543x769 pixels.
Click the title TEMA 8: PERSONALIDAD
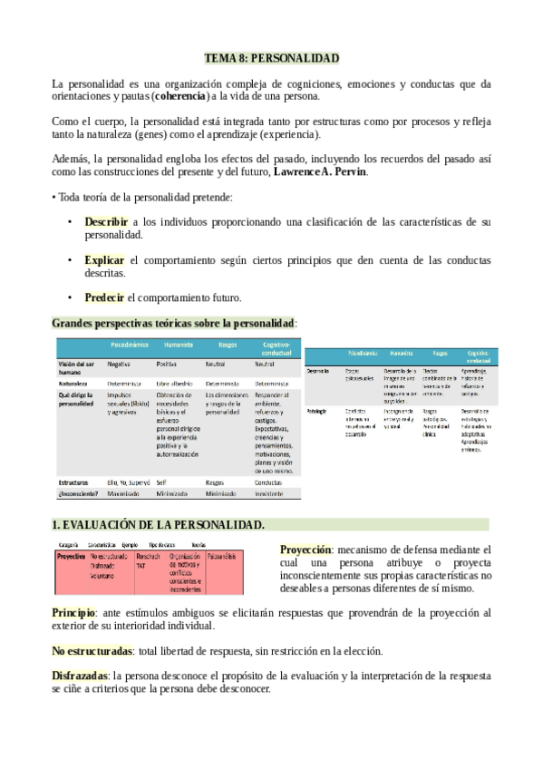point(271,58)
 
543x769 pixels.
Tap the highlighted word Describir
point(107,221)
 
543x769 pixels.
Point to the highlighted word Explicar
point(104,259)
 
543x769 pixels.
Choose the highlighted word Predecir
point(105,297)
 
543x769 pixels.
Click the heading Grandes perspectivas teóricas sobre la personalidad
point(173,323)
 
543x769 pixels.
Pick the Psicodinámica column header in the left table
point(130,346)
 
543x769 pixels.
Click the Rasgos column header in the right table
point(441,353)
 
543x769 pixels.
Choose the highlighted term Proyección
point(305,550)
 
